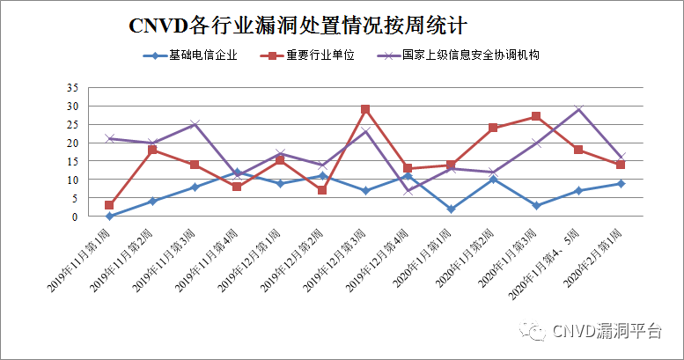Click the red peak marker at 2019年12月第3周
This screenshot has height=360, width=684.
tap(365, 110)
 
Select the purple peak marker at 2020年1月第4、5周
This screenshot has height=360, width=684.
tap(578, 109)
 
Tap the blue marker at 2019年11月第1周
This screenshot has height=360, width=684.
tap(109, 216)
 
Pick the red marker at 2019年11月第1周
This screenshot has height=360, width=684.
tap(109, 205)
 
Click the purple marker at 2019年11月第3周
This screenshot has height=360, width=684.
tap(195, 124)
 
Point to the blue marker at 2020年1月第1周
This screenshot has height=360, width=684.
tap(451, 209)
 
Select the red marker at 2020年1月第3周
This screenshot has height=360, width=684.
tap(536, 117)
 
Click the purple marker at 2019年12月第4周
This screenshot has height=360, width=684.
tap(408, 190)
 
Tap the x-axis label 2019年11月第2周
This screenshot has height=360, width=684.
tap(128, 260)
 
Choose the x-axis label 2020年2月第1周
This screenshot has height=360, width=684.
tap(596, 260)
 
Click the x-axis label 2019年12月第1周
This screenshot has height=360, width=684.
tap(255, 260)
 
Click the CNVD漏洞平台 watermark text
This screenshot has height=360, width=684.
tap(607, 331)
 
